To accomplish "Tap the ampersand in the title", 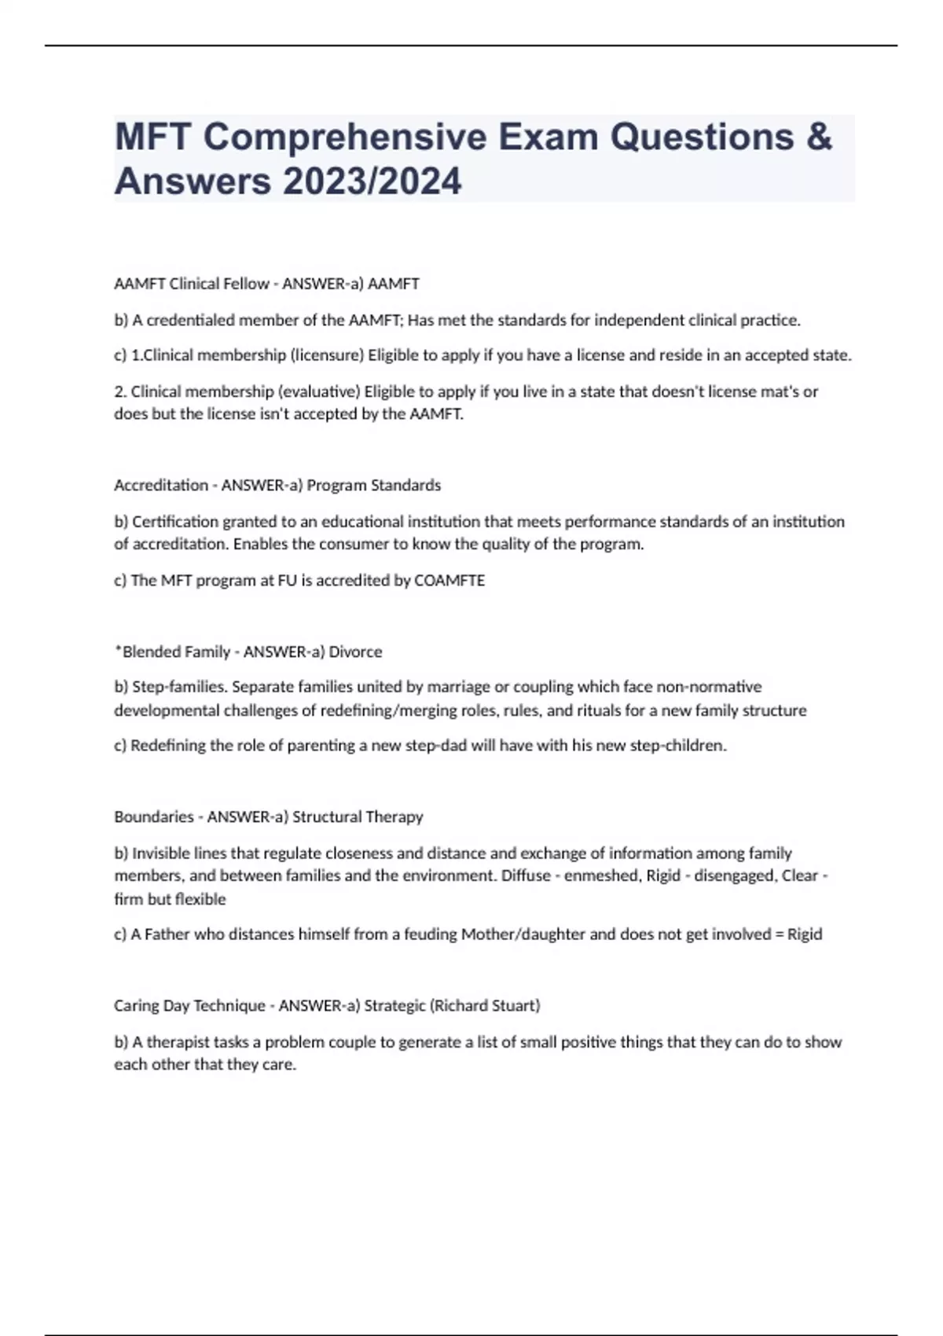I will pos(818,137).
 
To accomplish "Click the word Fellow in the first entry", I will pos(245,284).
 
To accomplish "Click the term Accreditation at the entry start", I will pos(161,485).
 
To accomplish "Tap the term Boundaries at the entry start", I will pos(154,817).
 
